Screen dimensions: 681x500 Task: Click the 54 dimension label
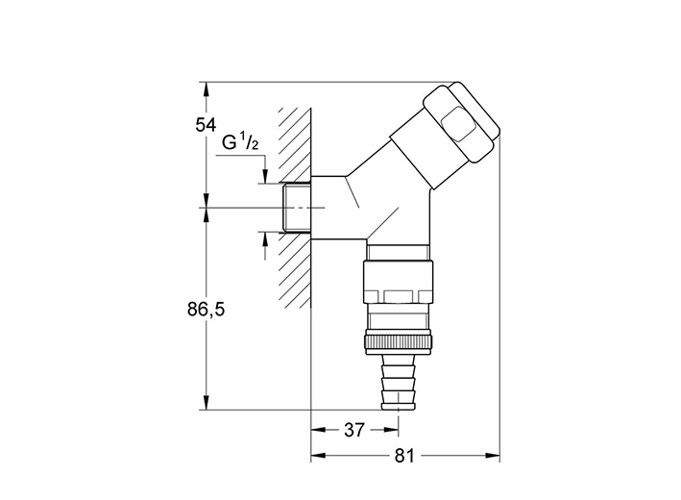(206, 125)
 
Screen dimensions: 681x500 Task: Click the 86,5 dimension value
(207, 310)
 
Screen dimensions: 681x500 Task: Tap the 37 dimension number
(354, 431)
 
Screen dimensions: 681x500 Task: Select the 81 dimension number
(404, 456)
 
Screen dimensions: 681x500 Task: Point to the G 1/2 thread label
(240, 142)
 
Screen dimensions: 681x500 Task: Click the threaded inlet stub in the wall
(297, 208)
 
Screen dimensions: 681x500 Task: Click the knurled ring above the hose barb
(399, 340)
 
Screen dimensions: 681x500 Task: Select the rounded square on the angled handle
(458, 124)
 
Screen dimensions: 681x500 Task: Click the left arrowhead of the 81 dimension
(318, 456)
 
